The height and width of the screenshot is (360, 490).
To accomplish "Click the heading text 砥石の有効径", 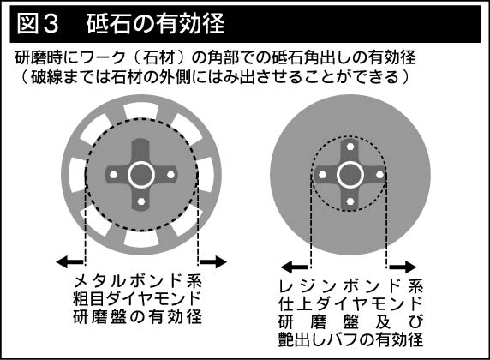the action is pyautogui.click(x=155, y=23).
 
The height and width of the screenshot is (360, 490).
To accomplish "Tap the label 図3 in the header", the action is pyautogui.click(x=38, y=23).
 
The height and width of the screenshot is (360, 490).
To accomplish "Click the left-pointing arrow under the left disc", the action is pyautogui.click(x=69, y=261).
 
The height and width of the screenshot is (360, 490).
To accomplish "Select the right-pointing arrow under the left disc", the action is pyautogui.click(x=213, y=261).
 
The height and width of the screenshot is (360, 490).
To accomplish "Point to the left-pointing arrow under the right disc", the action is pyautogui.click(x=295, y=267).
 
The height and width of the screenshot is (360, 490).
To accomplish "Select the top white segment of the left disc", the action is pyautogui.click(x=141, y=111).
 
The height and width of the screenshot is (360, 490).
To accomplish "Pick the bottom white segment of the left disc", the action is pyautogui.click(x=141, y=239).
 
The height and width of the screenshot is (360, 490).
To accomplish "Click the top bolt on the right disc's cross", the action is pyautogui.click(x=350, y=147).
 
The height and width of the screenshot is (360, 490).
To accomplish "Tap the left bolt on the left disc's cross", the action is pyautogui.click(x=113, y=175).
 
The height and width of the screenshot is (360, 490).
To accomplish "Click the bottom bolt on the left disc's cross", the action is pyautogui.click(x=141, y=201).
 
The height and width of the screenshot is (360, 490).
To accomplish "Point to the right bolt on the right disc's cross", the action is pyautogui.click(x=379, y=175).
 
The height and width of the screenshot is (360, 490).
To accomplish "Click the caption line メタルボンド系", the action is pyautogui.click(x=138, y=280).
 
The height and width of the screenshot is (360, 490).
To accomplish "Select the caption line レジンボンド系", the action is pyautogui.click(x=351, y=285).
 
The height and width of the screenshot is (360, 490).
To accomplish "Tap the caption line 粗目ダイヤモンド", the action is pyautogui.click(x=136, y=298).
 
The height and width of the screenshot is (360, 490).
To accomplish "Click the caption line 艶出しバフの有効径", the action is pyautogui.click(x=350, y=339).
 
